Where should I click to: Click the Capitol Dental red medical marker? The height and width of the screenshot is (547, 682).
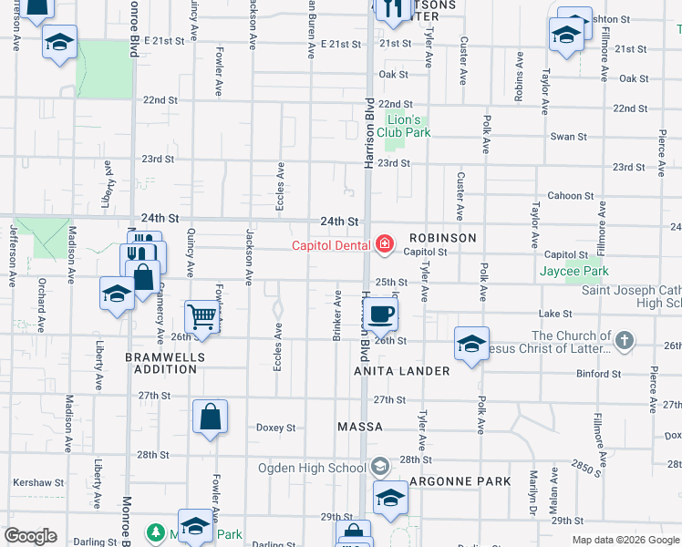(x=385, y=243)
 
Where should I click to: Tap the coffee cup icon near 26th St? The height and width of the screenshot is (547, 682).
(x=382, y=314)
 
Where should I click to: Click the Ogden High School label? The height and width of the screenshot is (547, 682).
(x=312, y=468)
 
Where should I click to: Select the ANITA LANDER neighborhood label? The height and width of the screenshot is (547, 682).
(x=402, y=371)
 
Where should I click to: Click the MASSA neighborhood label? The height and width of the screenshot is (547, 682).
(x=359, y=427)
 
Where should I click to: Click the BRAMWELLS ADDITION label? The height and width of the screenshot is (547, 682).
(x=160, y=363)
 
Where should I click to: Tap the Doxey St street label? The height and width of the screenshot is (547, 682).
(x=275, y=427)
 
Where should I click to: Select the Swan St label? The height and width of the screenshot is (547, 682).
(x=568, y=137)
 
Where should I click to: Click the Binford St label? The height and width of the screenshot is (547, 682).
(x=598, y=374)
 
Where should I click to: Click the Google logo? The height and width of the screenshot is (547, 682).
(x=31, y=536)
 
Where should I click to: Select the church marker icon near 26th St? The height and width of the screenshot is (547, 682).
(x=624, y=342)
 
